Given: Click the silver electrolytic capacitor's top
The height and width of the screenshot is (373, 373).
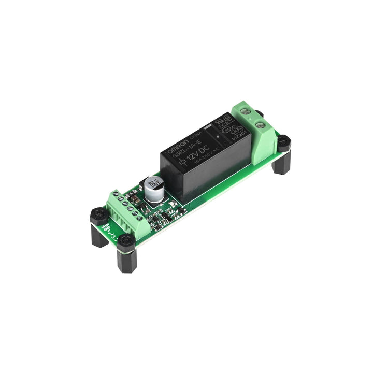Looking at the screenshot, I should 154,184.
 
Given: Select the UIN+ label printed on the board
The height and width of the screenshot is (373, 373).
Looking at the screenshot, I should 105,226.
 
